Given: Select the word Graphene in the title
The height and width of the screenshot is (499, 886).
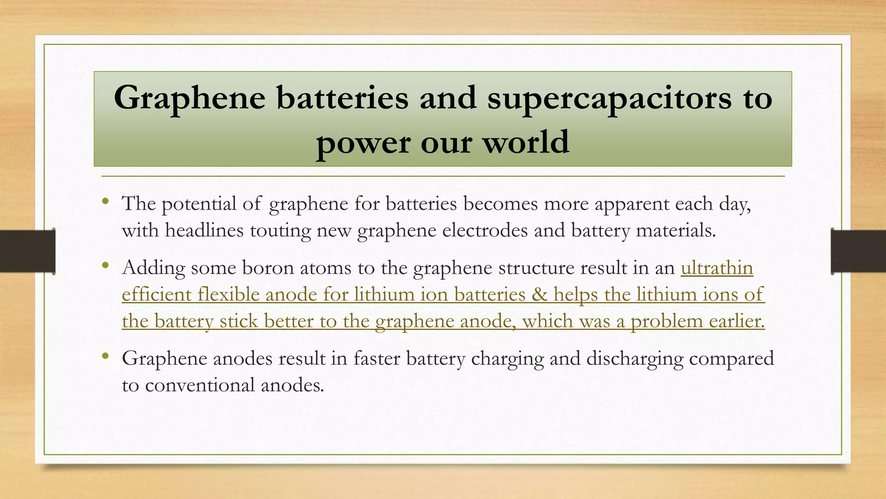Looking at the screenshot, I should (189, 98).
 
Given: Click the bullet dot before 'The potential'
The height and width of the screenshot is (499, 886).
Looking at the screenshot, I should (106, 201).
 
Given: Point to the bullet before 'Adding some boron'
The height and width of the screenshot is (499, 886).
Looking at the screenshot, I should (106, 266).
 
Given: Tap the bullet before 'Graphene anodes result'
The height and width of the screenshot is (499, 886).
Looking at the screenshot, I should (106, 356).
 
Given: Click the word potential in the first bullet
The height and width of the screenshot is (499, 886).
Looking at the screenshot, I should (199, 204).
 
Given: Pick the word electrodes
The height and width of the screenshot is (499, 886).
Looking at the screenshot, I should (485, 230).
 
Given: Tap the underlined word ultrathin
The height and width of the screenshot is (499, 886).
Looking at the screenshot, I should (717, 268).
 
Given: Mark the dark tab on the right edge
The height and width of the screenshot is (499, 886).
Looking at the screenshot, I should (858, 251).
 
